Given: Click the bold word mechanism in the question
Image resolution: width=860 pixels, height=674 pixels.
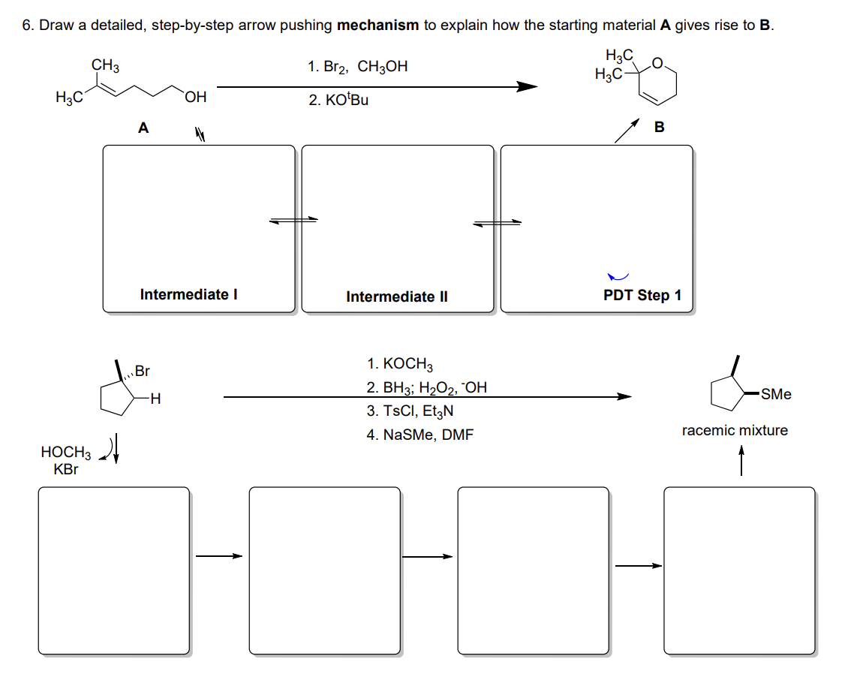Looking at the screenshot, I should pos(377,26).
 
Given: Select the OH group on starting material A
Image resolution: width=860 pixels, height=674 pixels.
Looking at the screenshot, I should pos(195,97).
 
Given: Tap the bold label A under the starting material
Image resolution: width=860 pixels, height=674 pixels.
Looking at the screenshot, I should pos(143,128).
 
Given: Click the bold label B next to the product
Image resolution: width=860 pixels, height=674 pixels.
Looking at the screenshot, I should pos(659,128).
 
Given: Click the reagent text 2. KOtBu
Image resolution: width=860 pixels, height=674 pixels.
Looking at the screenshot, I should pos(338,100).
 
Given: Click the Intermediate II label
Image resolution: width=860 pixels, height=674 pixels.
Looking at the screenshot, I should pos(396,296).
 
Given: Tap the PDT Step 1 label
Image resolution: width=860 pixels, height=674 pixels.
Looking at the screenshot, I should pos(642,295).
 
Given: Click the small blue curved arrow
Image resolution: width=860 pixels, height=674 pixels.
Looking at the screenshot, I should pos(618,278).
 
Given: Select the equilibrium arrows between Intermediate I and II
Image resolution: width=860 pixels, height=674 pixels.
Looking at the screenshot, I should pos(294,220).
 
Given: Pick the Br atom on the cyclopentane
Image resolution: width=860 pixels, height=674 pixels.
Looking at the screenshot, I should pos(143,371).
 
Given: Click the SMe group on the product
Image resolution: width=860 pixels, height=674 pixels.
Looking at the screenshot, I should pos(775,394).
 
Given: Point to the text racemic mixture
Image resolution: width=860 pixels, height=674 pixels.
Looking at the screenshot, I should pos(735,431).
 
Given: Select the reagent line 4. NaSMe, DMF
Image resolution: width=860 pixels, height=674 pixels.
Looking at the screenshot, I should pos(420,435).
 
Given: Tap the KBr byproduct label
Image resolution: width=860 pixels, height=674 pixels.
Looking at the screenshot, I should pos(66,470).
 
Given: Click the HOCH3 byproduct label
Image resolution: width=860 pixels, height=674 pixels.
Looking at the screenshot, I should pos(65,453).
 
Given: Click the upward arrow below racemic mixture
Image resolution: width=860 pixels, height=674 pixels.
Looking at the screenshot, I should pos(741,461).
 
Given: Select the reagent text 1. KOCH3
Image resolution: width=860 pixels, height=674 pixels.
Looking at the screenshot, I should pos(400,365).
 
